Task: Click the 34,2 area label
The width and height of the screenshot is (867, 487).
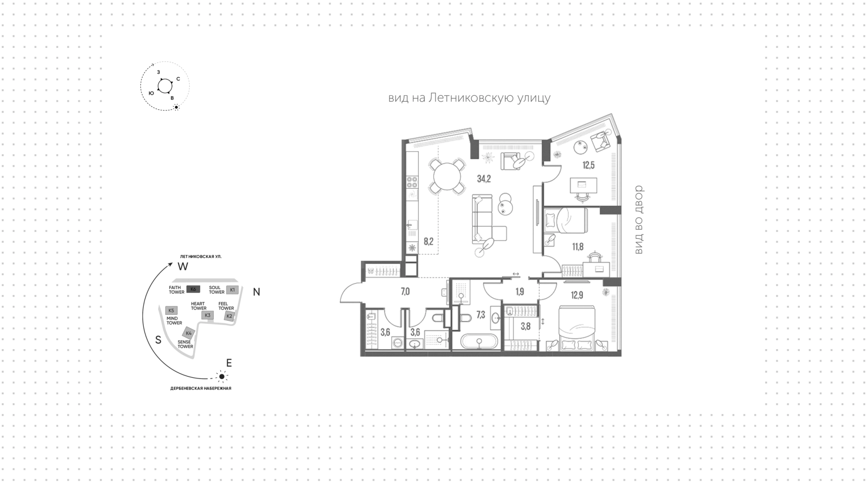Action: pyautogui.click(x=484, y=179)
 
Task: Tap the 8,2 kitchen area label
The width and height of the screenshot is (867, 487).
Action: pyautogui.click(x=429, y=241)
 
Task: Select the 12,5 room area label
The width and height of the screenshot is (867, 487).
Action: pyautogui.click(x=588, y=165)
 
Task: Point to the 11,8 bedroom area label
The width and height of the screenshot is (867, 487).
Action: pyautogui.click(x=578, y=247)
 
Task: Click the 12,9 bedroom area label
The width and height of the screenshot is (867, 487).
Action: pyautogui.click(x=577, y=295)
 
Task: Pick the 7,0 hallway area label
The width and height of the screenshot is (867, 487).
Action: pyautogui.click(x=405, y=292)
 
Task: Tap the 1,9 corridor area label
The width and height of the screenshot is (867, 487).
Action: pyautogui.click(x=520, y=292)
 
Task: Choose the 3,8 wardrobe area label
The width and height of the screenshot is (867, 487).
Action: pyautogui.click(x=526, y=326)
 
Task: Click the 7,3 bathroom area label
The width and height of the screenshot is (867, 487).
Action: pyautogui.click(x=481, y=315)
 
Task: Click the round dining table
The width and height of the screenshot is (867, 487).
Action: pyautogui.click(x=447, y=175)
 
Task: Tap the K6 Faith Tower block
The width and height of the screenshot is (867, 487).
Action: pyautogui.click(x=193, y=289)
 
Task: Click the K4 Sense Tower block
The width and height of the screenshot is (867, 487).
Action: pyautogui.click(x=189, y=333)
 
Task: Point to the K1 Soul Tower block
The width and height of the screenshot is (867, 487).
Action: pyautogui.click(x=233, y=290)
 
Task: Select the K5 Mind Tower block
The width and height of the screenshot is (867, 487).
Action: pyautogui.click(x=171, y=311)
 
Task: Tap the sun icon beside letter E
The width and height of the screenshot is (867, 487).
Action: pyautogui.click(x=221, y=376)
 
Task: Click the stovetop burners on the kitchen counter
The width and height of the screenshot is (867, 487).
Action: pyautogui.click(x=412, y=182)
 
